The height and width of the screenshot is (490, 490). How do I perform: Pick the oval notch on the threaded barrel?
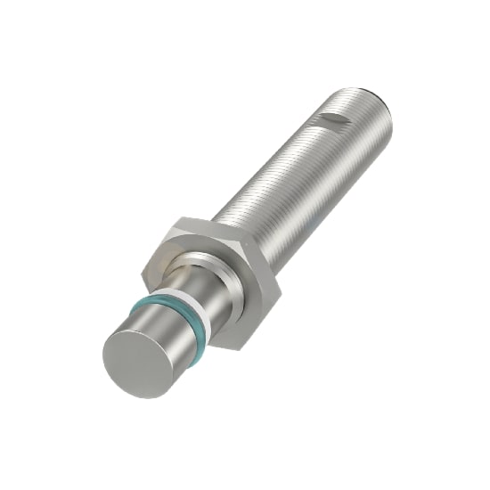pos(333,118)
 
